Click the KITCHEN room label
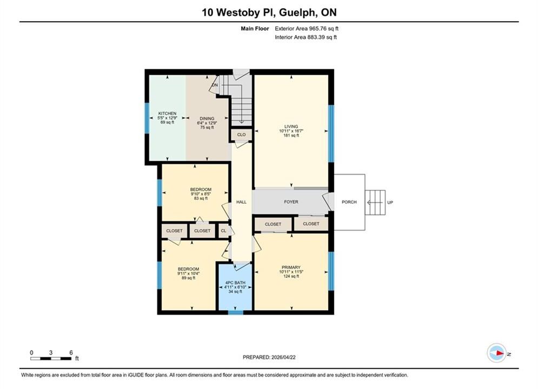[167, 113]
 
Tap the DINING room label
[207, 118]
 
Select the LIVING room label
[291, 126]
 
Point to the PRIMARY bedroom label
[291, 267]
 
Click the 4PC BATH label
[235, 283]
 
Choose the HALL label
[241, 202]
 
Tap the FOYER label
[291, 202]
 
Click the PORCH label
[349, 202]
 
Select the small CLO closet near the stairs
[241, 135]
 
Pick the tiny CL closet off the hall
[223, 231]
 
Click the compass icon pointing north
[496, 353]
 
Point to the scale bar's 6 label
[71, 352]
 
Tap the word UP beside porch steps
[390, 203]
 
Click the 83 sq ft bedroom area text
[201, 198]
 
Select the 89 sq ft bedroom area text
[188, 278]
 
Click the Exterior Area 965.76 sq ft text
[307, 29]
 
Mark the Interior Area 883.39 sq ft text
[305, 37]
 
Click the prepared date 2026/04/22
[283, 357]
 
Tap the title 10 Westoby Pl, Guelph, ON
[269, 12]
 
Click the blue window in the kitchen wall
[147, 118]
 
